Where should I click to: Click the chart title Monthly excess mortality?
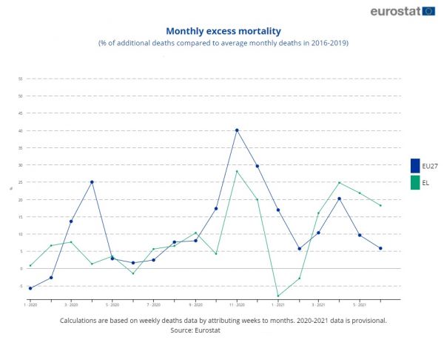coord(223,31)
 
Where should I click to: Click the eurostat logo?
coord(403,11)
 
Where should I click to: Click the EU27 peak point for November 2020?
coord(237,130)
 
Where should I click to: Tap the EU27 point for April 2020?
coord(92,182)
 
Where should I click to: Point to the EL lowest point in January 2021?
coord(277,296)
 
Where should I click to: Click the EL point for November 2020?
coord(237,171)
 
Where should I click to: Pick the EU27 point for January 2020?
coord(30,288)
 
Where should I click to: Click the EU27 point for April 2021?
coord(339,199)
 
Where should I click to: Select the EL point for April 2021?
coord(339,182)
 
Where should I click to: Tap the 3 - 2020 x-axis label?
coord(71,304)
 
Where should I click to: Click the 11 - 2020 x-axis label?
coord(237,304)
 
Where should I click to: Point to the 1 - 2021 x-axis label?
coord(277,304)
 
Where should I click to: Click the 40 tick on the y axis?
coord(21,130)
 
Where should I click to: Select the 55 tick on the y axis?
coord(21,79)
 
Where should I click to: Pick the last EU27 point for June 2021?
coord(380,248)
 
